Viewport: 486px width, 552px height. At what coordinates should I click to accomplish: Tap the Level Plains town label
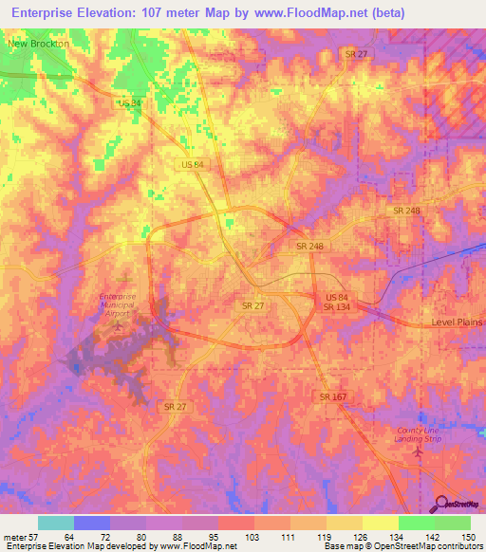click(x=456, y=323)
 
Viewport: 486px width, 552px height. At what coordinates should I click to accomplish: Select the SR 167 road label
click(x=333, y=396)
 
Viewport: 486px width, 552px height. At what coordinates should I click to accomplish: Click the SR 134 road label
click(x=336, y=307)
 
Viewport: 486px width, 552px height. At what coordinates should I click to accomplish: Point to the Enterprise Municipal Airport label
click(x=119, y=304)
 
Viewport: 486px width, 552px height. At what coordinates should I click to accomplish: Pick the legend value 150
click(x=469, y=538)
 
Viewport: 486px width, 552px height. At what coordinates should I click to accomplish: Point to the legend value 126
click(x=361, y=538)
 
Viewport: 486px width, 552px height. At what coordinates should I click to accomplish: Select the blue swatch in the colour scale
click(x=92, y=523)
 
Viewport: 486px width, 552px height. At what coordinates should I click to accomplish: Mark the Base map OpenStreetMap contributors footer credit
click(x=400, y=547)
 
